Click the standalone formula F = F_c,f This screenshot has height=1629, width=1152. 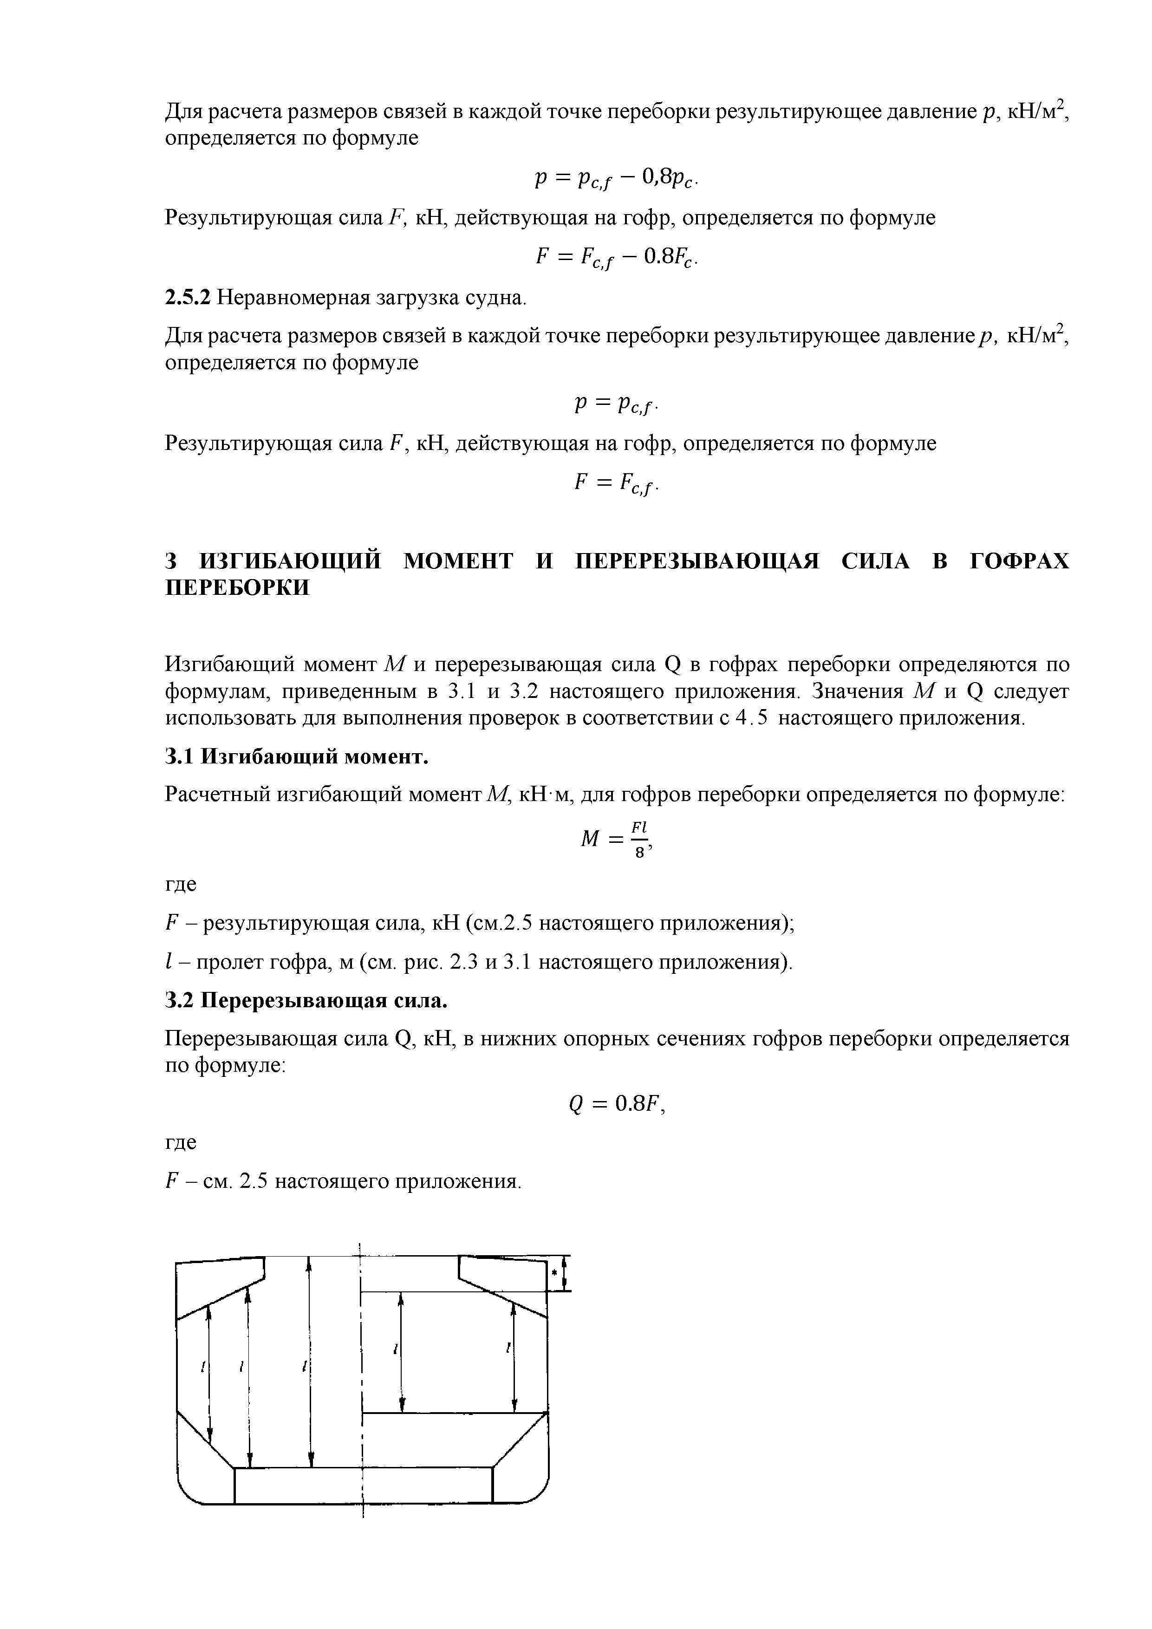[x=617, y=483]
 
